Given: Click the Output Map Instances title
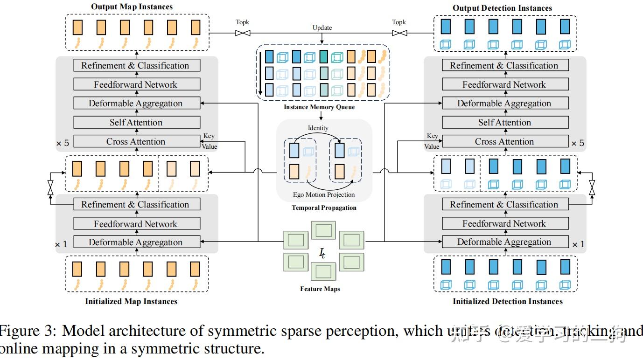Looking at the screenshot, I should [132, 7].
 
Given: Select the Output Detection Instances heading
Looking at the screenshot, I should [502, 8].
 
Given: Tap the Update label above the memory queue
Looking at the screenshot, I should [322, 28].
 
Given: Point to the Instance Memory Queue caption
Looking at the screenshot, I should [319, 107].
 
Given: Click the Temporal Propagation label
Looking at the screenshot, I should [324, 208].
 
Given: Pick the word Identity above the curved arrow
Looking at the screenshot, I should [318, 128].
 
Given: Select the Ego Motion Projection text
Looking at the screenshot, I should [324, 194].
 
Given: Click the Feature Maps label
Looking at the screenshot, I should [320, 289].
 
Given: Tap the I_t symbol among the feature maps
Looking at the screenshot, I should [322, 254].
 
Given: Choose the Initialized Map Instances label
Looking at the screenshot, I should [131, 301].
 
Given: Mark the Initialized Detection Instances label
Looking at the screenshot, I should [508, 301].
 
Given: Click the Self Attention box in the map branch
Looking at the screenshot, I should [136, 123].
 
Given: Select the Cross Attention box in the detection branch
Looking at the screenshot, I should [504, 141].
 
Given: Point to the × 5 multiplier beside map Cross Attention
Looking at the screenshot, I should [63, 143].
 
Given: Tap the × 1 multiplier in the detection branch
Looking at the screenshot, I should [578, 244].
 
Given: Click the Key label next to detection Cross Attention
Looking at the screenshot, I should [433, 136].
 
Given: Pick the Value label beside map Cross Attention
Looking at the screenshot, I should [209, 146].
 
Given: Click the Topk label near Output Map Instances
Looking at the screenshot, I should [242, 22].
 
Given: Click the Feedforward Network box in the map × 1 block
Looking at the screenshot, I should [136, 224].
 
